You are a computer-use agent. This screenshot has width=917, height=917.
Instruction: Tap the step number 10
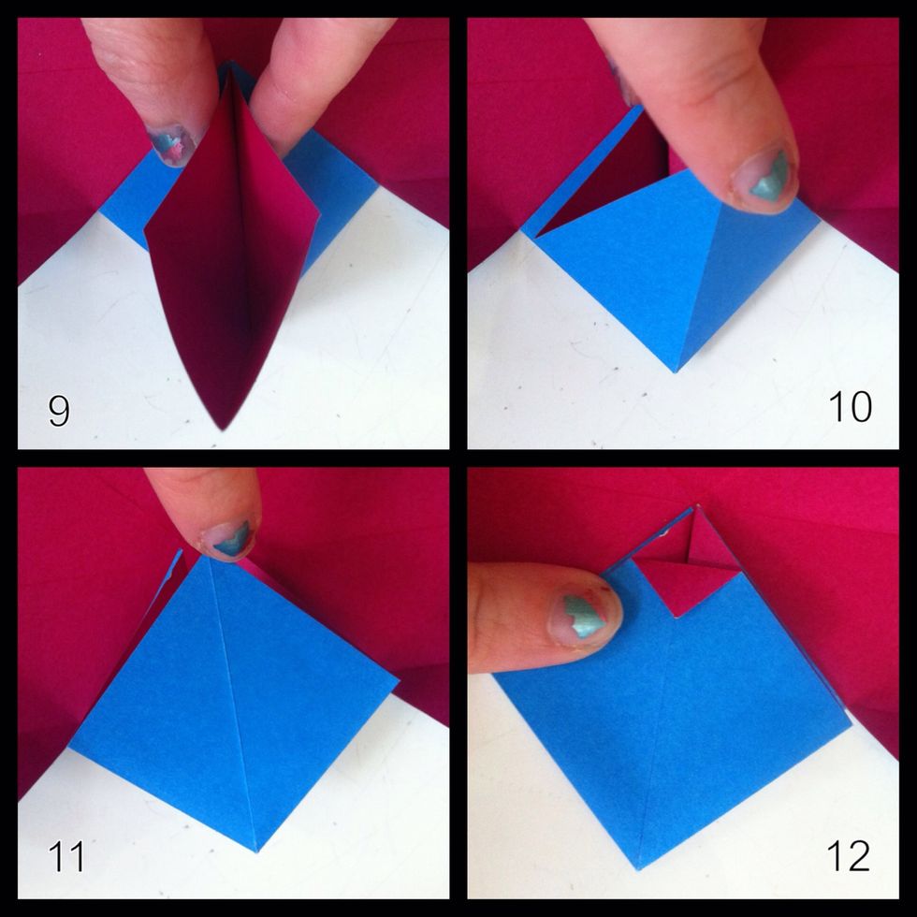tap(850, 407)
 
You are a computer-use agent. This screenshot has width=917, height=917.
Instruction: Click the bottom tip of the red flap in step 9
tap(223, 428)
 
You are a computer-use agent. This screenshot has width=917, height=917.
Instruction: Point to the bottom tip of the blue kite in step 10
tap(676, 371)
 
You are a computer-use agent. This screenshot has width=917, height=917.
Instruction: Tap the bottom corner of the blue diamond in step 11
tap(256, 850)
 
